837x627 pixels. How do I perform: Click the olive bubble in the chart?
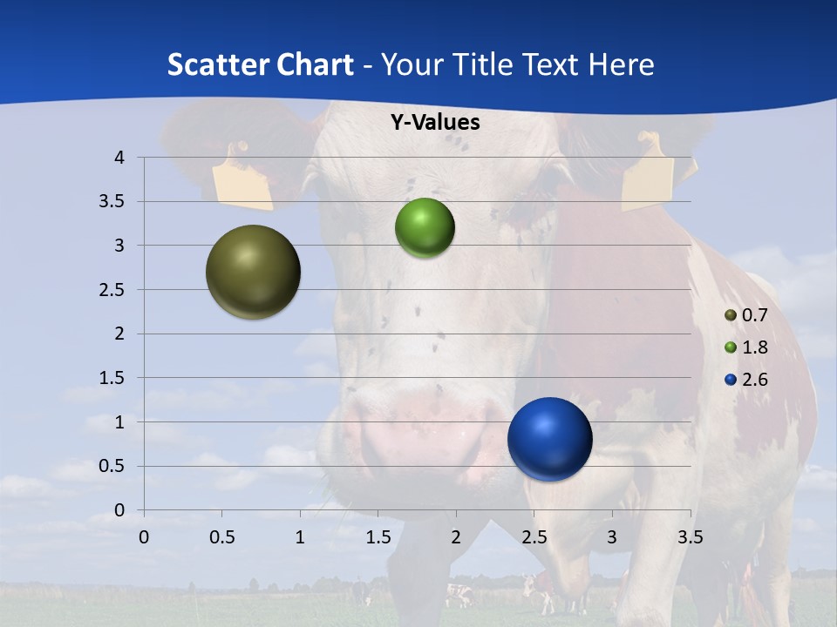pos(253,272)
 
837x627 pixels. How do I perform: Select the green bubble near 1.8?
pos(425,227)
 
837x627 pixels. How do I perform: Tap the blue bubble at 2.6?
pos(549,439)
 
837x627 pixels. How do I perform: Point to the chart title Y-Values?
pos(434,123)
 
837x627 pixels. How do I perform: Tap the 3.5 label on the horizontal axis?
pos(690,536)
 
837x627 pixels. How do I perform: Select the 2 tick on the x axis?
pos(455,536)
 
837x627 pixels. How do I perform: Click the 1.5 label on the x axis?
pos(378,536)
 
